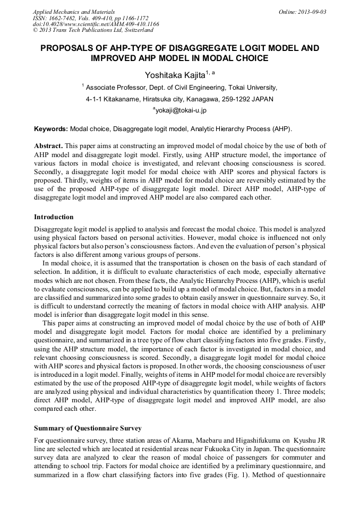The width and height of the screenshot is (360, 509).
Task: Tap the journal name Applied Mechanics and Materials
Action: pos(73,11)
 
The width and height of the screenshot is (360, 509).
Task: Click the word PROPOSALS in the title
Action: pos(70,48)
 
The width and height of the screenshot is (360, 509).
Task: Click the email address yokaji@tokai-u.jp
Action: pos(181,110)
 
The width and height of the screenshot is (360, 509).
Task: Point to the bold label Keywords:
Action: pos(51,128)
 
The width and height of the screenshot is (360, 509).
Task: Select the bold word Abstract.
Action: pos(48,145)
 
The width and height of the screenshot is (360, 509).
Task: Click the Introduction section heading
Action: pos(54,217)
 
